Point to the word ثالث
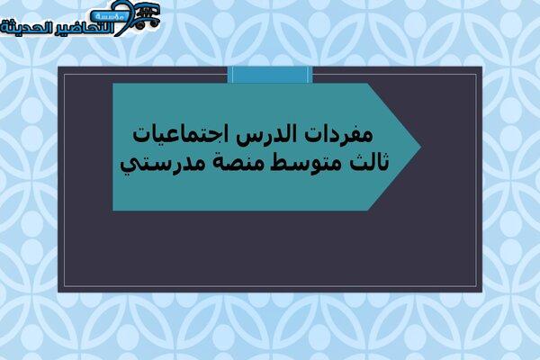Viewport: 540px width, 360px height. click(x=369, y=161)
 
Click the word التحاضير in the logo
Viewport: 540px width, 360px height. click(x=86, y=28)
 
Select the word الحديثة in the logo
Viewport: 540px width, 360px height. click(x=27, y=28)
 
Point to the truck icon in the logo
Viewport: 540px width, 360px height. click(x=148, y=16)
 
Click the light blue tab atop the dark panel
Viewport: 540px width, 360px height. click(x=270, y=75)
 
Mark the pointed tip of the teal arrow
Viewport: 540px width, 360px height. click(x=421, y=147)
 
